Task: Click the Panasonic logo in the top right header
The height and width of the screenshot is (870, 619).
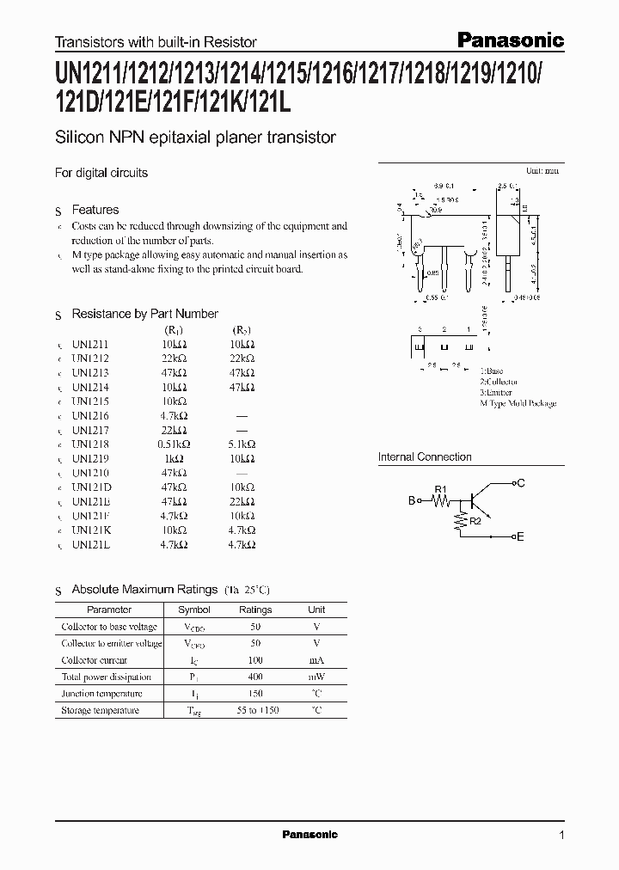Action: (x=509, y=40)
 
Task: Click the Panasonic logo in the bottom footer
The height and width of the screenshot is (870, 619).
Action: (x=310, y=835)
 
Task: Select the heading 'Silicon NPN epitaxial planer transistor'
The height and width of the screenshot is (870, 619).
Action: (x=195, y=137)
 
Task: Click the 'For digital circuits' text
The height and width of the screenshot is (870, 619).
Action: (x=101, y=173)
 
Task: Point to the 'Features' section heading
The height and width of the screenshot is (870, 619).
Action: (x=95, y=210)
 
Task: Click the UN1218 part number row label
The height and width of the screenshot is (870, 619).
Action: (x=91, y=444)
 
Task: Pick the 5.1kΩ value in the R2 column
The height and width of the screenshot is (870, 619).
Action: (x=241, y=444)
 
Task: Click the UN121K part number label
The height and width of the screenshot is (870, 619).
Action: (x=91, y=530)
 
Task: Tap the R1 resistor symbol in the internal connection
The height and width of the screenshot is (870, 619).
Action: (x=441, y=499)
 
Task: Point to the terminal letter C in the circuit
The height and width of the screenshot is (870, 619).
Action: (x=520, y=483)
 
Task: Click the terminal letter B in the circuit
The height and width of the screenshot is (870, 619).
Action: (x=412, y=499)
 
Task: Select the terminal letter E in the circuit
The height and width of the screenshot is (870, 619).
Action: (x=519, y=536)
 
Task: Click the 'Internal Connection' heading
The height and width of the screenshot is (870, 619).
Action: (x=425, y=457)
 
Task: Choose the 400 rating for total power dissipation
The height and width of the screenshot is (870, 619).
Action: (x=255, y=677)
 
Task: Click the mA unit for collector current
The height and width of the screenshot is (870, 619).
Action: (x=316, y=660)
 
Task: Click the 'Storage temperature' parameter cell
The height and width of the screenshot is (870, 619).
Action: (x=100, y=710)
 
